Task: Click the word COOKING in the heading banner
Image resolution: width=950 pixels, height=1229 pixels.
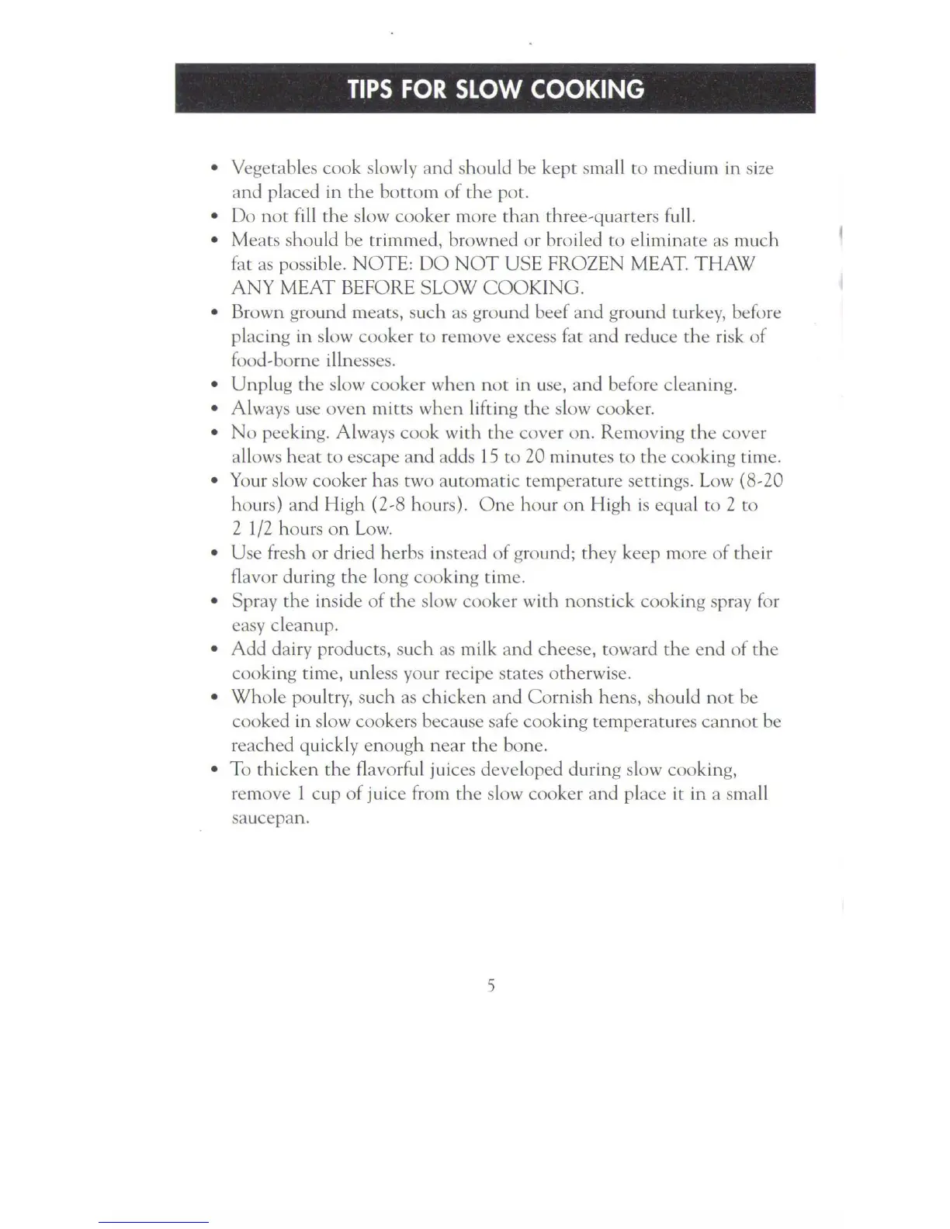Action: point(587,89)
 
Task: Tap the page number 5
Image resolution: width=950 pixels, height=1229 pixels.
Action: point(491,986)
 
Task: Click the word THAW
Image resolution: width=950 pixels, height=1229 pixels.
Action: point(724,265)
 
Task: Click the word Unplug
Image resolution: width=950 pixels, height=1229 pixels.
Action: point(260,385)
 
